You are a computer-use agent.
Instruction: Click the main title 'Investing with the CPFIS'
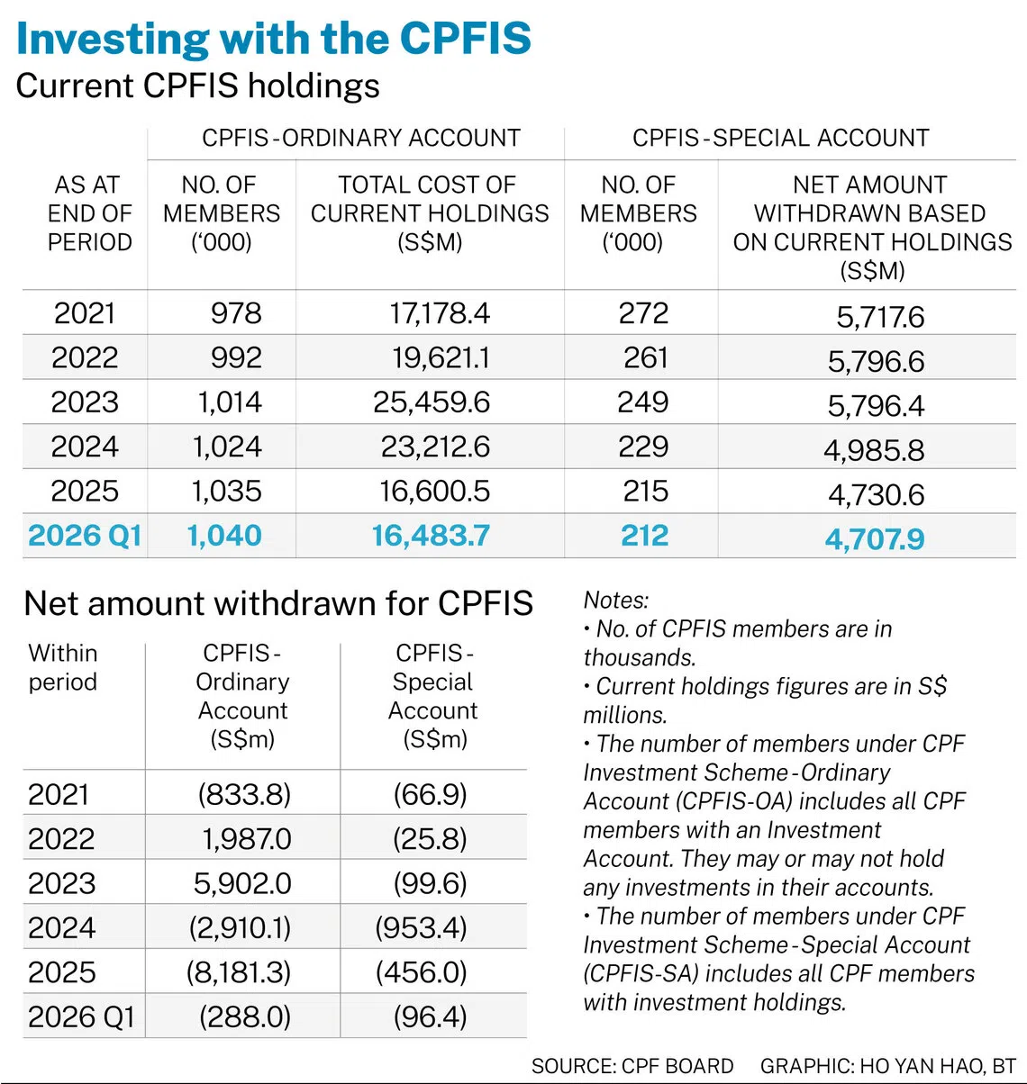tap(274, 39)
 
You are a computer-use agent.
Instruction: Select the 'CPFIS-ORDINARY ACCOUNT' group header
tap(361, 138)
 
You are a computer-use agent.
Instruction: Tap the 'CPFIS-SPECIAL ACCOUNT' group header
tap(781, 138)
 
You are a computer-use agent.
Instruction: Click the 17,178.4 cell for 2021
tap(440, 313)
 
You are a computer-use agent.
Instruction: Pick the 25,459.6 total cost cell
tap(432, 402)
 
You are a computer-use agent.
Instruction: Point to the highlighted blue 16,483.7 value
tap(431, 536)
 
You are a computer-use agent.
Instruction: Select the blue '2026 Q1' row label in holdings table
tap(85, 536)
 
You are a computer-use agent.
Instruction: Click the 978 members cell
tap(236, 313)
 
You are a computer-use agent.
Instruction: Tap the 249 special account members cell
tap(643, 402)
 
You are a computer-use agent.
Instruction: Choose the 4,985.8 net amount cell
tap(874, 450)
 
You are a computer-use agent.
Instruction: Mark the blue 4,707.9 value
tap(875, 538)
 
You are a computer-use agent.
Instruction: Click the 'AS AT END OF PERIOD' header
tap(88, 213)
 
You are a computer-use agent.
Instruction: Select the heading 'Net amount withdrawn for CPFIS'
tap(278, 603)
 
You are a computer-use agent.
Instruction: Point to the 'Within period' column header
tap(63, 667)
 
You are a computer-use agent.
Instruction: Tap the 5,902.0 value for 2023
tap(242, 883)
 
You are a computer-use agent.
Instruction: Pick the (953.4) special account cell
tap(421, 928)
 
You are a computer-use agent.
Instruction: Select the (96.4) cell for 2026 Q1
tap(431, 1016)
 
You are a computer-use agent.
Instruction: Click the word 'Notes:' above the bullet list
tap(616, 600)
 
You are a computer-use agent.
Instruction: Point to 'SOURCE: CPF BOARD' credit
tap(632, 1066)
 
